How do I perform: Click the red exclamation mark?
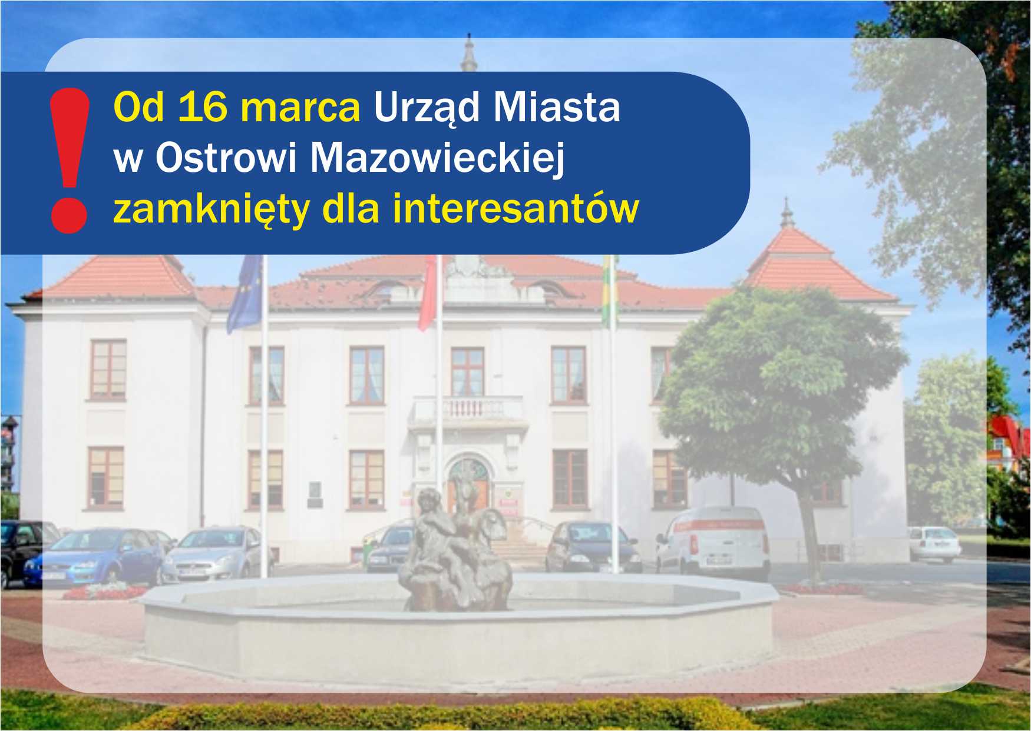70,160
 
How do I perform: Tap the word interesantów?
515,208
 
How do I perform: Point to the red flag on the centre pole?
428,293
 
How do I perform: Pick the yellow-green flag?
609,291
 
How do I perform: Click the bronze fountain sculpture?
454,550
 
